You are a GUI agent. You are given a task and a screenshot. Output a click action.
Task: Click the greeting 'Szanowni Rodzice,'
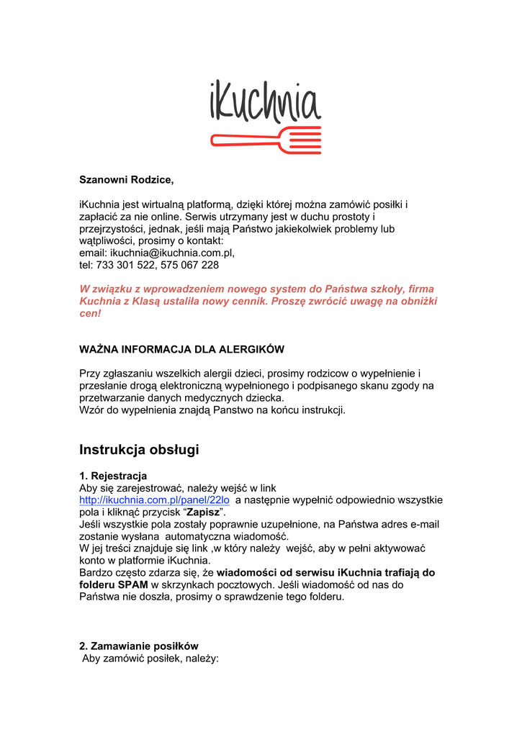127,179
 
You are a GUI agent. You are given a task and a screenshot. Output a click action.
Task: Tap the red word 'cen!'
90,314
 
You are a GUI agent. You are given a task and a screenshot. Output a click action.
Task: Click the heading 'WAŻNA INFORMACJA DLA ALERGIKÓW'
181,350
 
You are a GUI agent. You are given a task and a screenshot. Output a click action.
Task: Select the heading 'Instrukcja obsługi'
138,450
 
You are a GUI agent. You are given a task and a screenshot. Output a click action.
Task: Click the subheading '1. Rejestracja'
113,476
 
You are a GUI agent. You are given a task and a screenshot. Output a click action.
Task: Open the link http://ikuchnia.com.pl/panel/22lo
154,499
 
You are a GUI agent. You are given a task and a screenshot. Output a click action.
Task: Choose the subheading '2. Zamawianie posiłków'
138,646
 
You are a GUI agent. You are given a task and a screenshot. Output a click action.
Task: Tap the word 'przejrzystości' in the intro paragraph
112,228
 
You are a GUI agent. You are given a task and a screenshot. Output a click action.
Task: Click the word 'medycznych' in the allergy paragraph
211,397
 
